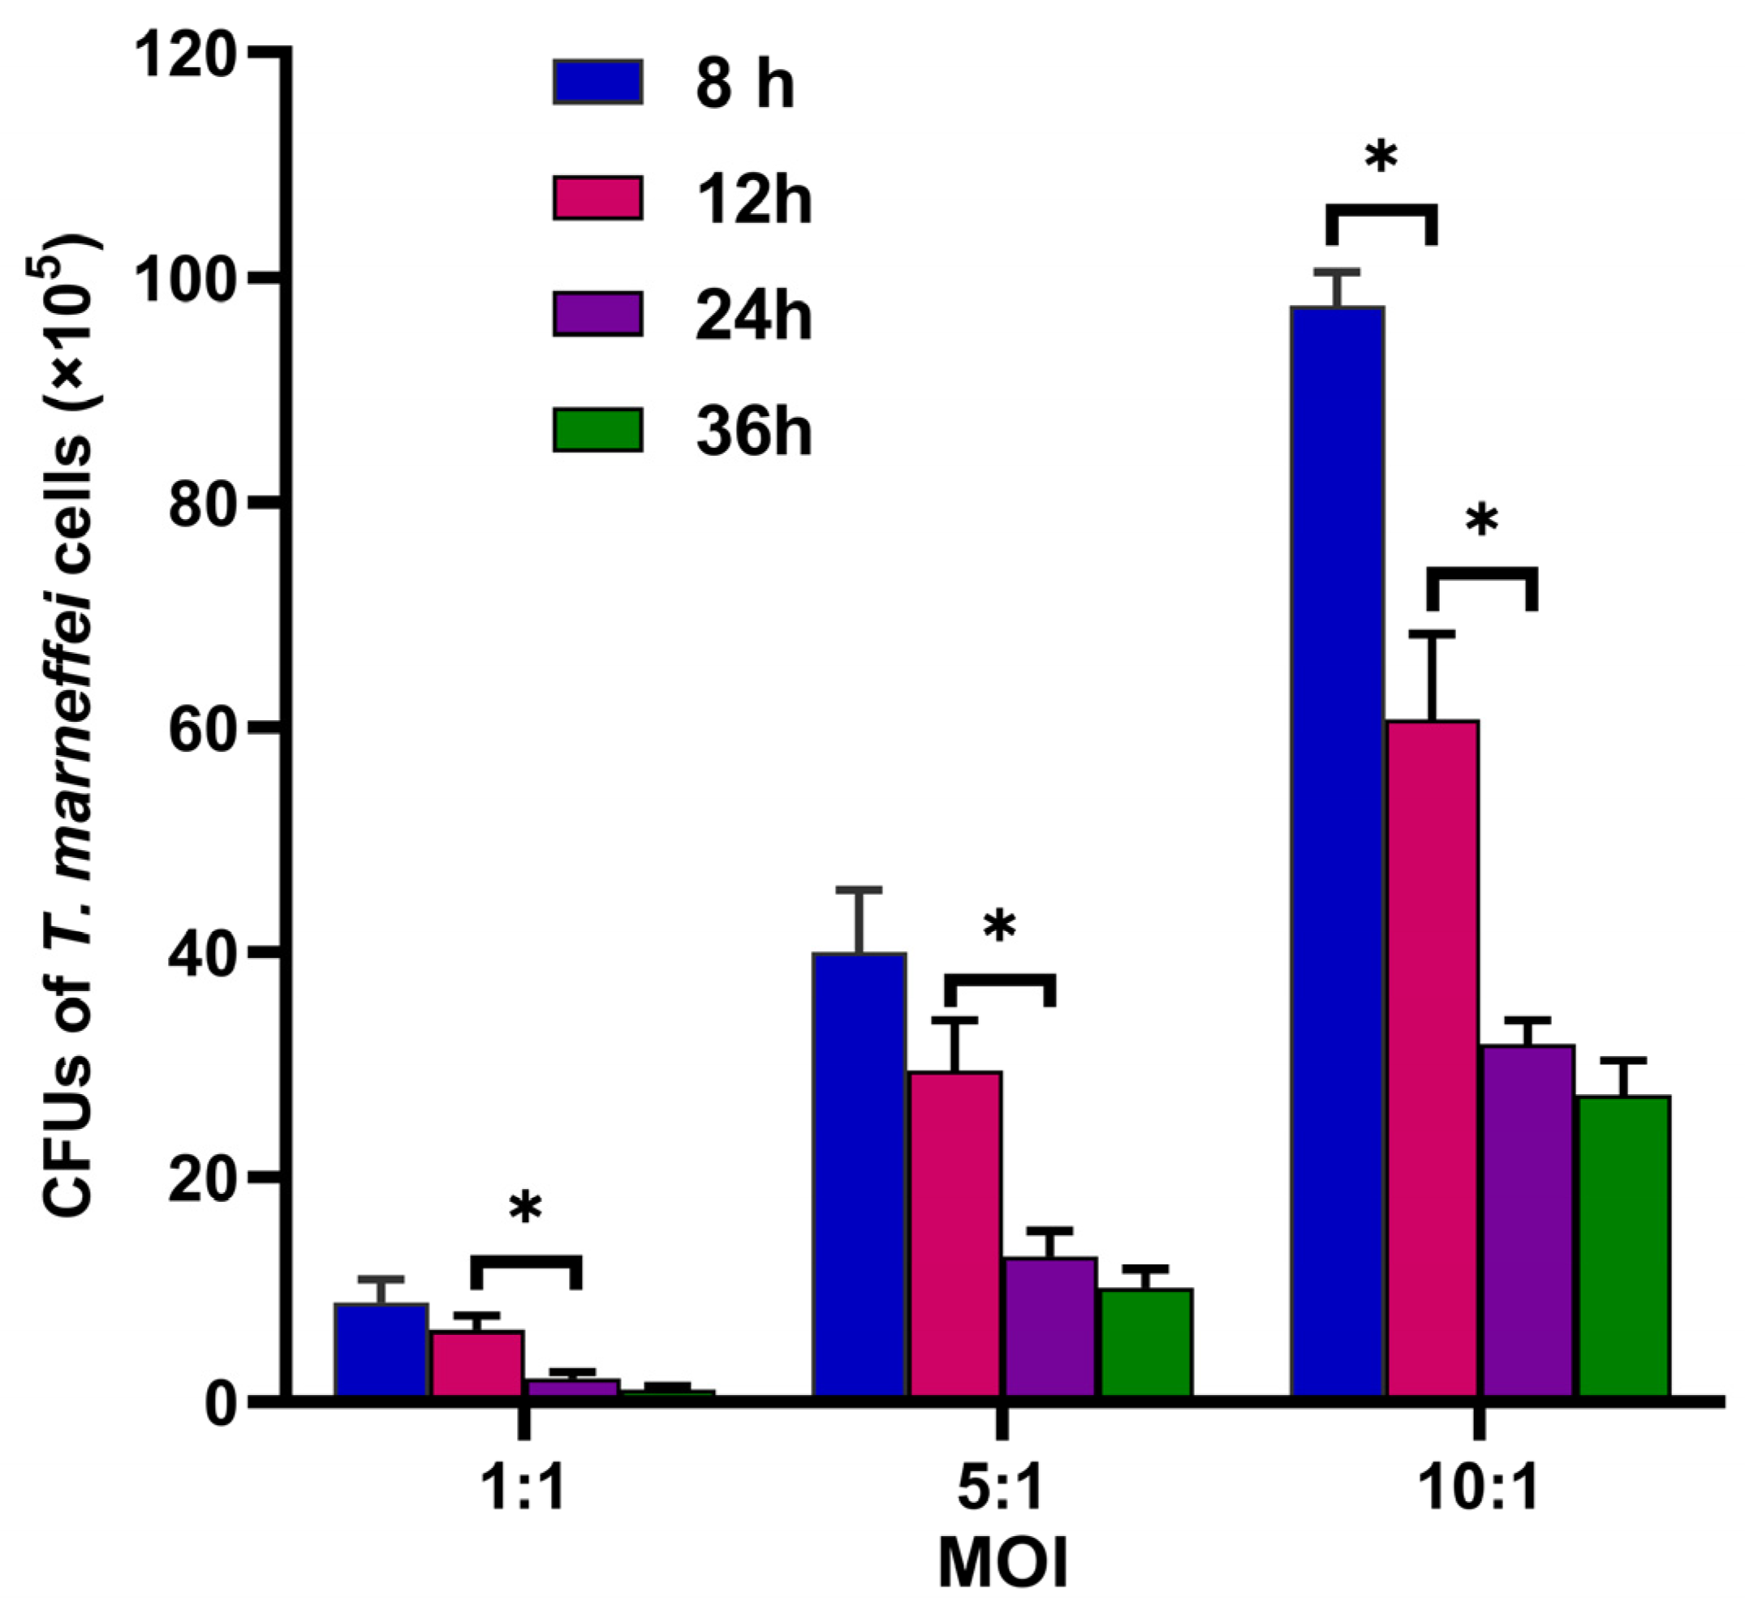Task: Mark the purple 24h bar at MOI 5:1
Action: (x=1050, y=1327)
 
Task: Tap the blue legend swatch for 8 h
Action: (x=598, y=82)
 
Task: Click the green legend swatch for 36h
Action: (x=598, y=430)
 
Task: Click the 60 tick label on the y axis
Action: (x=203, y=728)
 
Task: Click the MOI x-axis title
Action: (x=1002, y=1566)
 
